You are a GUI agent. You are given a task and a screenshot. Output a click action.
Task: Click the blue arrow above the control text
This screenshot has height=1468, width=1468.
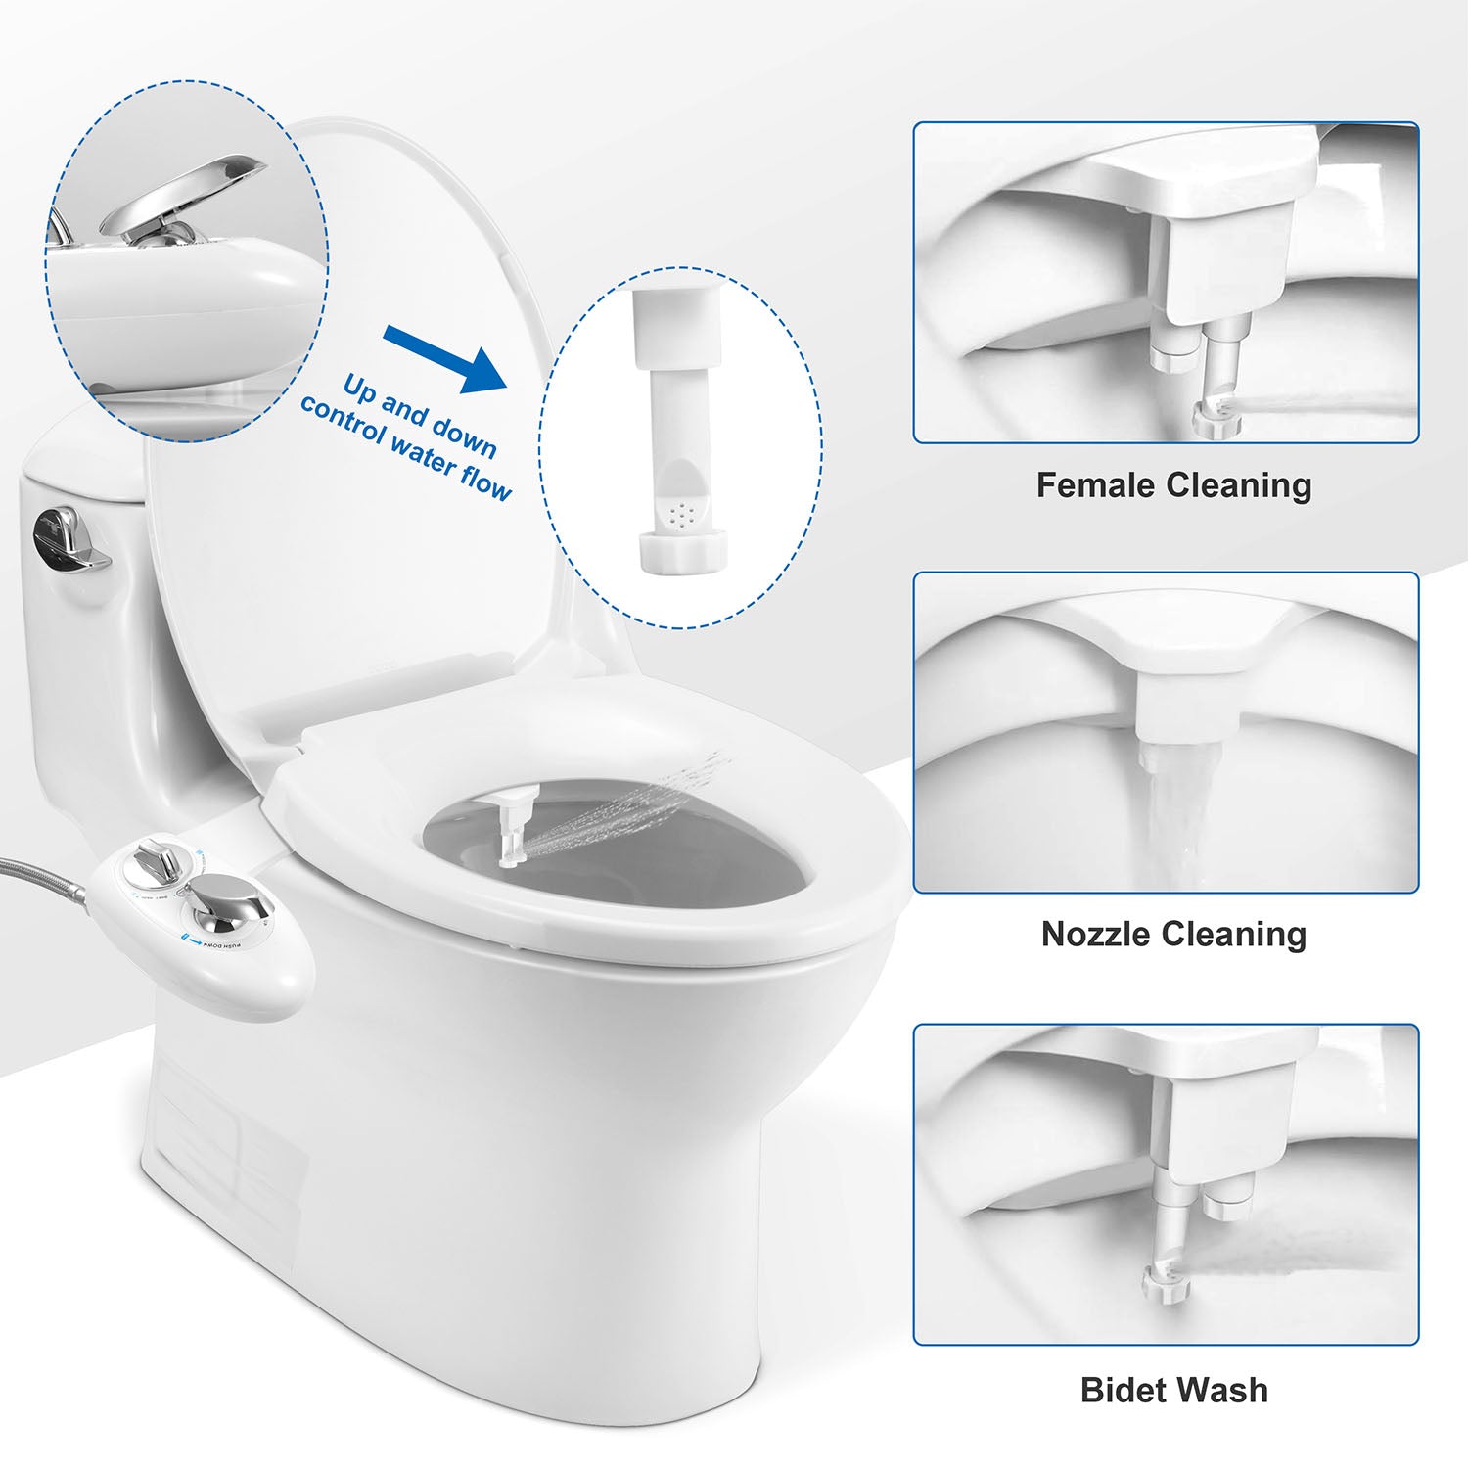(x=445, y=357)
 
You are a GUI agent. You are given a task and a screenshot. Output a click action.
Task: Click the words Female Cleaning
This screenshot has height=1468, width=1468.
(x=1173, y=485)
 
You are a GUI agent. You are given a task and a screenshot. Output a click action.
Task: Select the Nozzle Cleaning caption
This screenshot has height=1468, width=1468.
(x=1173, y=935)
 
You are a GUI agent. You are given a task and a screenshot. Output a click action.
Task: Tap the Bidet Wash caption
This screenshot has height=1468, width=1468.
(x=1173, y=1390)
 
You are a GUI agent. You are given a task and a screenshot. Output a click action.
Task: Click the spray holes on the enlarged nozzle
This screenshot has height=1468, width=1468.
(x=682, y=510)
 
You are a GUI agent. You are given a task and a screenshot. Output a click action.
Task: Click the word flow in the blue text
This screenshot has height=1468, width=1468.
(x=484, y=482)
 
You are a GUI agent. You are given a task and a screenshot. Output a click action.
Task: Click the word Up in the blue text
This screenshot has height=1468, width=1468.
(x=359, y=389)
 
